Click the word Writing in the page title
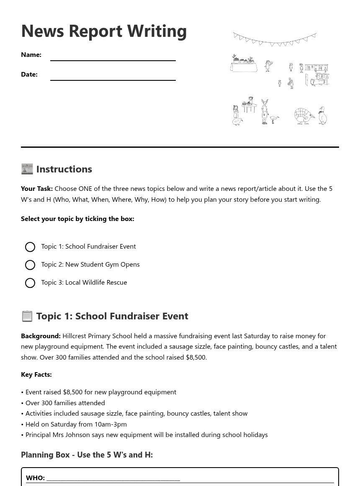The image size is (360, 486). (157, 31)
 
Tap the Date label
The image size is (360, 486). (29, 74)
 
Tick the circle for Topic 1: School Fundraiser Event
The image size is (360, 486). (30, 247)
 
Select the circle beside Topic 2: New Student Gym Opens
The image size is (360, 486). (30, 265)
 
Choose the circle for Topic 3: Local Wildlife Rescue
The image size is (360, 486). (30, 283)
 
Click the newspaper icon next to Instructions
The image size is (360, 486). (27, 169)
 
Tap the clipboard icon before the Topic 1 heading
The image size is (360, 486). (27, 316)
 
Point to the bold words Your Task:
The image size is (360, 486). (37, 188)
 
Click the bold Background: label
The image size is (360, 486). (41, 336)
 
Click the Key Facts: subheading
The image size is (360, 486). (36, 374)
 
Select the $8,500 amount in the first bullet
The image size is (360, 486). (72, 392)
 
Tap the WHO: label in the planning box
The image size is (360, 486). (35, 478)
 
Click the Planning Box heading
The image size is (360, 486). (87, 455)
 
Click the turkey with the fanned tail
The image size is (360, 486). (303, 116)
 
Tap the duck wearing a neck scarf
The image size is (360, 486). (323, 116)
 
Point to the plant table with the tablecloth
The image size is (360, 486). (244, 64)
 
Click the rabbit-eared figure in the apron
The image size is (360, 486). (265, 111)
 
